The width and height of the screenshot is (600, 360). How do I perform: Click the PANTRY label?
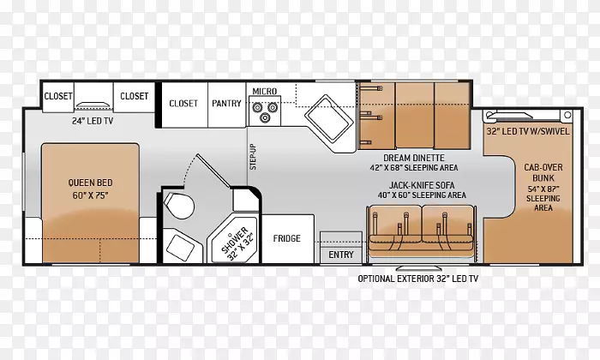(226, 104)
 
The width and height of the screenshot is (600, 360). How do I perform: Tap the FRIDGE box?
(288, 239)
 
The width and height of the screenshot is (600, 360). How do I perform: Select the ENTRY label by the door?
(341, 255)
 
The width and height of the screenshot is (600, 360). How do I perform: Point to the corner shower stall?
(233, 240)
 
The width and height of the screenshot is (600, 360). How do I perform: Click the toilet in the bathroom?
(179, 205)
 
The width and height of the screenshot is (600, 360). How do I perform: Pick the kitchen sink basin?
(329, 117)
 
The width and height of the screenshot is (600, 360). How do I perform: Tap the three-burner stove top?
(265, 111)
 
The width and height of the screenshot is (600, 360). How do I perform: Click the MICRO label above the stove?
(264, 92)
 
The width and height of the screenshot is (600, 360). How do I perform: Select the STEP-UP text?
(253, 157)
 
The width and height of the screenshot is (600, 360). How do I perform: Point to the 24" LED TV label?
(93, 121)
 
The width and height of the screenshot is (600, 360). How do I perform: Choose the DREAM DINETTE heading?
(414, 158)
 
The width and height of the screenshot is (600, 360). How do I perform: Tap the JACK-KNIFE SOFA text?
(422, 185)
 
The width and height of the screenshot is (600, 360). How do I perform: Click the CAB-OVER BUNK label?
(543, 172)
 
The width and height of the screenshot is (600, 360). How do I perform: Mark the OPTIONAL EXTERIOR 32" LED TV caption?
(418, 279)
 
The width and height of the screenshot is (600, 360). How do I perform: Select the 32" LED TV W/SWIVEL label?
(528, 131)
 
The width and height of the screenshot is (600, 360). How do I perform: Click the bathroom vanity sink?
(180, 246)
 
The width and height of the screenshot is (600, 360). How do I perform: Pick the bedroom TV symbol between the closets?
(93, 105)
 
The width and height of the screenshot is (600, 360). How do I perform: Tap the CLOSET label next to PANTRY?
(183, 104)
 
